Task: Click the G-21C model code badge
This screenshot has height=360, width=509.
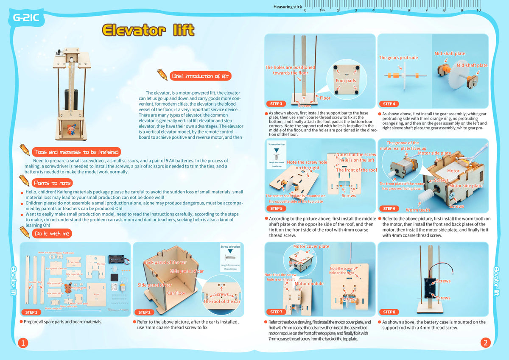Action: pyautogui.click(x=26, y=18)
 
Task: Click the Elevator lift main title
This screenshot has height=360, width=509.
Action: pyautogui.click(x=148, y=30)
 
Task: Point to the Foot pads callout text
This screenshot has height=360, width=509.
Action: pyautogui.click(x=346, y=81)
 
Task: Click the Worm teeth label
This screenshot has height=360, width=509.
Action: pyautogui.click(x=418, y=210)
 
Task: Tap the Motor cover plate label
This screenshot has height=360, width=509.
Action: pyautogui.click(x=311, y=246)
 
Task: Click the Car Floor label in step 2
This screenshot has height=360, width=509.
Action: pyautogui.click(x=176, y=293)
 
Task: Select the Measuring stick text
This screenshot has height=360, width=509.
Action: pyautogui.click(x=288, y=7)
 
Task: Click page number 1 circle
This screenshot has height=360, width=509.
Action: pyautogui.click(x=24, y=343)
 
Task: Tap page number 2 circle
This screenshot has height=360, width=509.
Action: pyautogui.click(x=485, y=343)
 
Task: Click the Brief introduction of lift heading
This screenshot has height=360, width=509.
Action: pyautogui.click(x=200, y=76)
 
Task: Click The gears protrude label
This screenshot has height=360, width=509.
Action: pyautogui.click(x=398, y=58)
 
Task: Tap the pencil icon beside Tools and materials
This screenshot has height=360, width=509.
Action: pyautogui.click(x=25, y=150)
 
